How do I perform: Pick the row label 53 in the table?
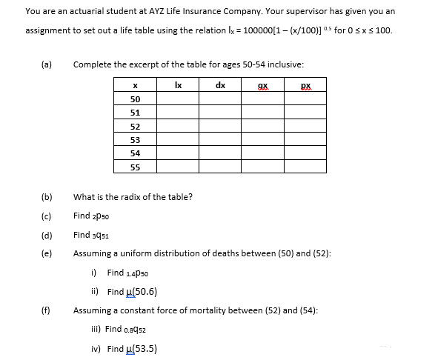(x=135, y=139)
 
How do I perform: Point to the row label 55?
(x=135, y=167)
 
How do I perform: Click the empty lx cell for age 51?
(x=178, y=113)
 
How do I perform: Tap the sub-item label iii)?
(x=94, y=329)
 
